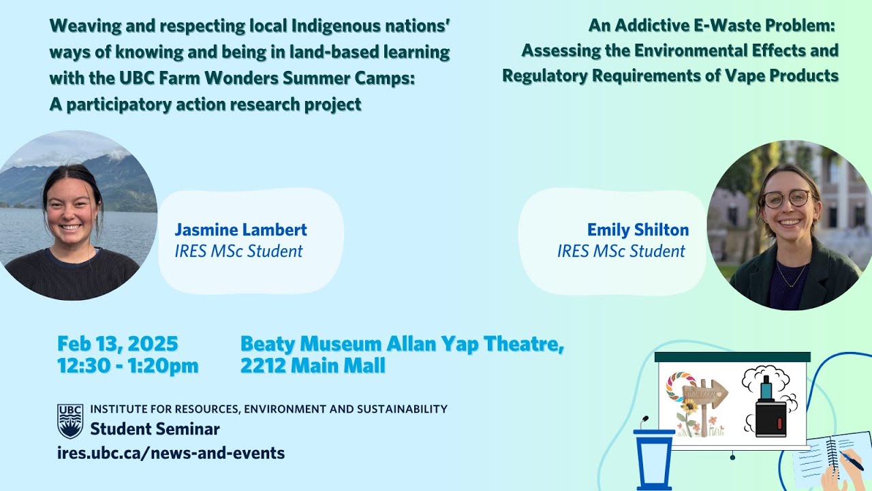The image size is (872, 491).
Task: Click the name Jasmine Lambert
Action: tap(240, 230)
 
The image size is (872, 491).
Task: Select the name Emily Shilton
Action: tap(638, 230)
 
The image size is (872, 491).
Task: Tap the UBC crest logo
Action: tap(70, 421)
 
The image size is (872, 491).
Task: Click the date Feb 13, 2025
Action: tap(117, 343)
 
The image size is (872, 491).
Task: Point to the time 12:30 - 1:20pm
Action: tap(127, 366)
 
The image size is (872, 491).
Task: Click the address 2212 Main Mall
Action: tap(313, 366)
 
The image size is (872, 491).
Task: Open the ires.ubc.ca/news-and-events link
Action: tap(171, 452)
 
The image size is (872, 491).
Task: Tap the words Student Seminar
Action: tap(155, 429)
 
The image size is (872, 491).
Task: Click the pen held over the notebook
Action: tap(851, 460)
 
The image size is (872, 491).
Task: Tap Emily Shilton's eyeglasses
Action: tap(788, 198)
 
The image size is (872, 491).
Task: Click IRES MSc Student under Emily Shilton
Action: tap(621, 251)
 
